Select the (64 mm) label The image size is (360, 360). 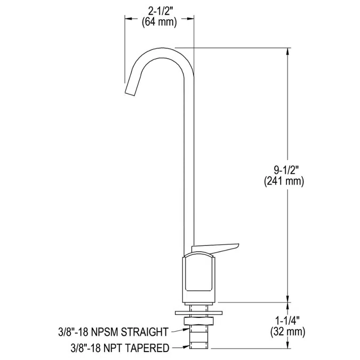(x=159, y=22)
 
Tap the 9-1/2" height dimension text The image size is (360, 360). (x=285, y=171)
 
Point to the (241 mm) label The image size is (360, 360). (x=284, y=181)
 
